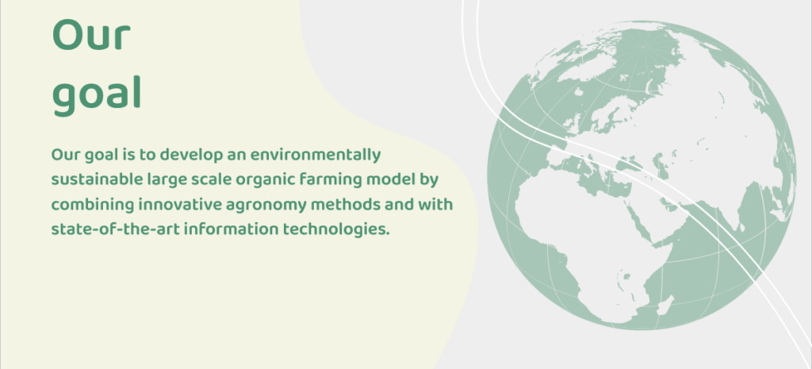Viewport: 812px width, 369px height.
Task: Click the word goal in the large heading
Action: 97,96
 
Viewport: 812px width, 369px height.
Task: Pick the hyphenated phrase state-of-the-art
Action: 116,229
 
